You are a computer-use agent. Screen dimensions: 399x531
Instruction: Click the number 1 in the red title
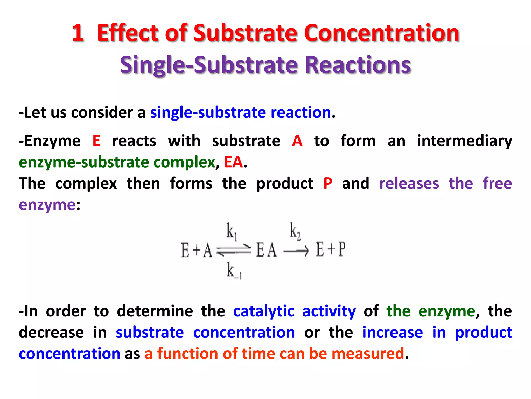click(78, 33)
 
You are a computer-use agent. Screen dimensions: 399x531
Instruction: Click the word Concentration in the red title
click(382, 33)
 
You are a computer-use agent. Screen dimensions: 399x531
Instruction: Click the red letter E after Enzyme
click(96, 141)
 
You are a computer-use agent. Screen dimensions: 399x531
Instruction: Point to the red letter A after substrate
click(297, 141)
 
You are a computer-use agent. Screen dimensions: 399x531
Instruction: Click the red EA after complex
click(233, 162)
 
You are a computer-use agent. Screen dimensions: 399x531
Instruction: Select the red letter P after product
click(328, 184)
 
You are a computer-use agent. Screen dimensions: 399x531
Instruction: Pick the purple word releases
click(409, 184)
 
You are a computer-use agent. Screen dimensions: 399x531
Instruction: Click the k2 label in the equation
click(295, 231)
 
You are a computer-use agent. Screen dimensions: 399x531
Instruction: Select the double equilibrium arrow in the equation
click(234, 250)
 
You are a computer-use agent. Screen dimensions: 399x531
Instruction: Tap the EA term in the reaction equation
click(266, 250)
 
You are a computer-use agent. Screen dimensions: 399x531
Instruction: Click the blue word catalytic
click(264, 311)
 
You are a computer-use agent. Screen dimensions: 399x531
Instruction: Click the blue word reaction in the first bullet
click(301, 113)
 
